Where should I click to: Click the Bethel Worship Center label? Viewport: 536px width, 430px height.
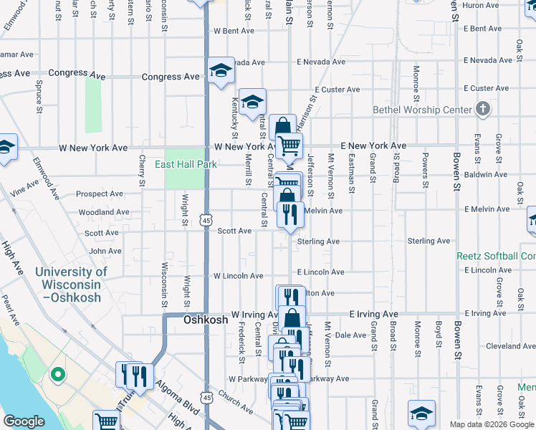pos(422,110)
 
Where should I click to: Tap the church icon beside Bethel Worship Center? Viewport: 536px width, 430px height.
pos(484,109)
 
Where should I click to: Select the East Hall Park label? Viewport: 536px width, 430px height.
pos(186,164)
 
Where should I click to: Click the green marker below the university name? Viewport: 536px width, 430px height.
pos(57,374)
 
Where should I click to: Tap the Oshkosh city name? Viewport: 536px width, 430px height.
pos(205,320)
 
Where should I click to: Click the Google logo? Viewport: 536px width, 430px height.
pos(24,421)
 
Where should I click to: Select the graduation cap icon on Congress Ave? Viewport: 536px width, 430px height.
pos(221,70)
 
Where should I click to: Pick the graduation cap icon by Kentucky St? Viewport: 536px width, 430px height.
pos(252,102)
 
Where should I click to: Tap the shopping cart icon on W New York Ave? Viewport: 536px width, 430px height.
pos(289,145)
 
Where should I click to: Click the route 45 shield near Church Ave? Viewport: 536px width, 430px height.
pos(206,396)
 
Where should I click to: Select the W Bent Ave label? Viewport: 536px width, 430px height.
pos(234,31)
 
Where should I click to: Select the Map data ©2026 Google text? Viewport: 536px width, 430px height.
pos(491,424)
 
